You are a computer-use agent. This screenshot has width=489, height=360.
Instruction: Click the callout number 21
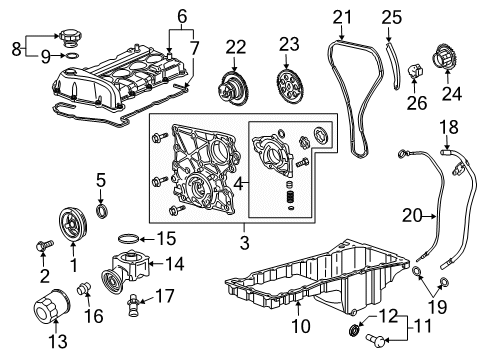click(342, 17)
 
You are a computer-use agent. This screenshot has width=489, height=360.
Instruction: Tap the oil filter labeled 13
click(52, 306)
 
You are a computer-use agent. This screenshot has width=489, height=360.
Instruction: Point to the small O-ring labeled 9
click(73, 55)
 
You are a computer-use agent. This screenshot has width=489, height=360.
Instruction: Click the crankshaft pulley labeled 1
click(73, 223)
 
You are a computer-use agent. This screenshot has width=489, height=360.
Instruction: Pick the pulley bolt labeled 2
click(44, 245)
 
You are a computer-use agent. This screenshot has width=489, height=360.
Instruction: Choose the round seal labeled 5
click(102, 211)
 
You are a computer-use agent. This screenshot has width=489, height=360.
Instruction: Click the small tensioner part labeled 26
click(415, 70)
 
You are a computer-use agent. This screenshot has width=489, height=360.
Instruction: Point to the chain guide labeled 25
click(392, 65)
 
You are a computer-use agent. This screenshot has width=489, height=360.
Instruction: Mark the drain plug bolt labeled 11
click(375, 339)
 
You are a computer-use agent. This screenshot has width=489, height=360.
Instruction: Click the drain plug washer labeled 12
click(354, 330)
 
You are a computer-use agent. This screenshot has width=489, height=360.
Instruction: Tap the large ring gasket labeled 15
click(128, 239)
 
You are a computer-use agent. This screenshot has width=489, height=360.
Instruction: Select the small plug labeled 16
click(83, 288)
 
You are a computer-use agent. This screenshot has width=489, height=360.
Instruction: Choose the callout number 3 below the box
click(244, 243)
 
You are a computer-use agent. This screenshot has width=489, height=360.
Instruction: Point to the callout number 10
click(301, 325)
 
